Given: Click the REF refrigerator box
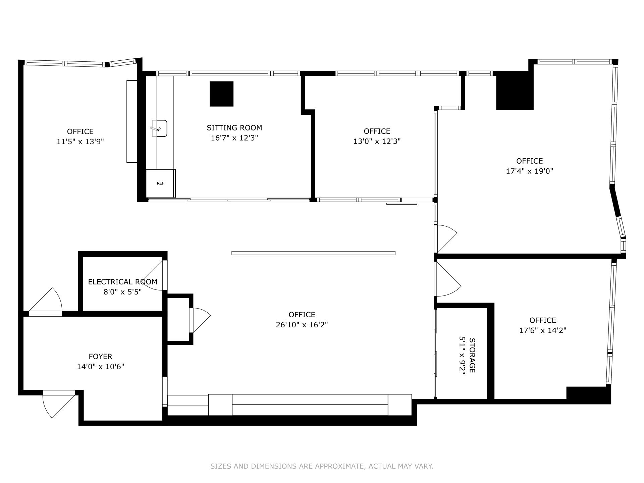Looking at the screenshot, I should coord(160,183).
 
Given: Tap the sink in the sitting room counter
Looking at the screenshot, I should coord(160,128).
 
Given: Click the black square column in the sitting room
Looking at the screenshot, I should coord(221,94).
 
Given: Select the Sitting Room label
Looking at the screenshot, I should coord(234,128).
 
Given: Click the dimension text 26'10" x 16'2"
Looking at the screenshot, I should coord(302,325).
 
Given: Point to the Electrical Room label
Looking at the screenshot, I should coord(122,282).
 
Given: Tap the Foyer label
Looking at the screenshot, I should coord(100,357).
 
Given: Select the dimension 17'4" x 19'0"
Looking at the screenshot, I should coord(529,171).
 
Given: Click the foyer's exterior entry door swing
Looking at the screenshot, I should coord(57,404).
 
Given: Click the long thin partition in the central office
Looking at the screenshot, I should coord(313,253).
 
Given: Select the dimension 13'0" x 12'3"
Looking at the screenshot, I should coord(377,141).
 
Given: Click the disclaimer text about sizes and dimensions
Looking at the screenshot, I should coord(322,466).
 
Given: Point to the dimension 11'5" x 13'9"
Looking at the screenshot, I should coord(80,142).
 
